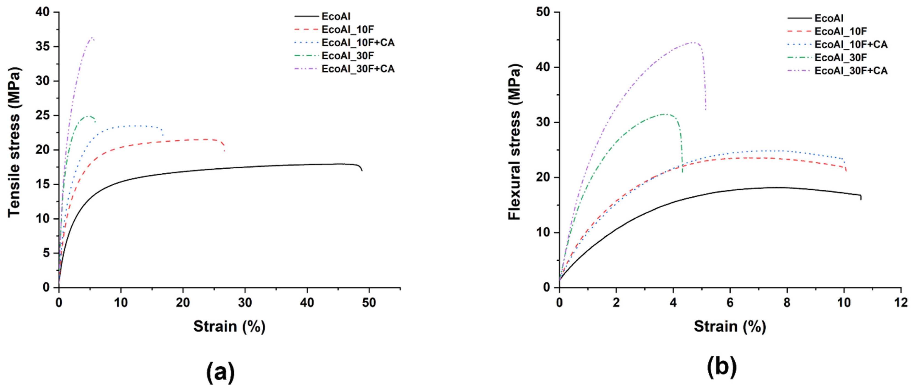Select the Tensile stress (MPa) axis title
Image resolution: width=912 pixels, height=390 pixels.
pyautogui.click(x=14, y=142)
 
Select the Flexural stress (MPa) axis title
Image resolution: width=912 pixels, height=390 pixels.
pyautogui.click(x=514, y=142)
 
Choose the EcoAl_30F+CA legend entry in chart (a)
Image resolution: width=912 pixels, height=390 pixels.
pyautogui.click(x=358, y=69)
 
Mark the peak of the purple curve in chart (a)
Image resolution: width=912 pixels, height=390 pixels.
pyautogui.click(x=92, y=37)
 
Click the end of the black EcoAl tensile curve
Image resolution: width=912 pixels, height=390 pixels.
pyautogui.click(x=362, y=171)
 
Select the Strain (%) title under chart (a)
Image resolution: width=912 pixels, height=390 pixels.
pyautogui.click(x=229, y=326)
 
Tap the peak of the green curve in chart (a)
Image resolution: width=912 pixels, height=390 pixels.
pyautogui.click(x=87, y=116)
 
